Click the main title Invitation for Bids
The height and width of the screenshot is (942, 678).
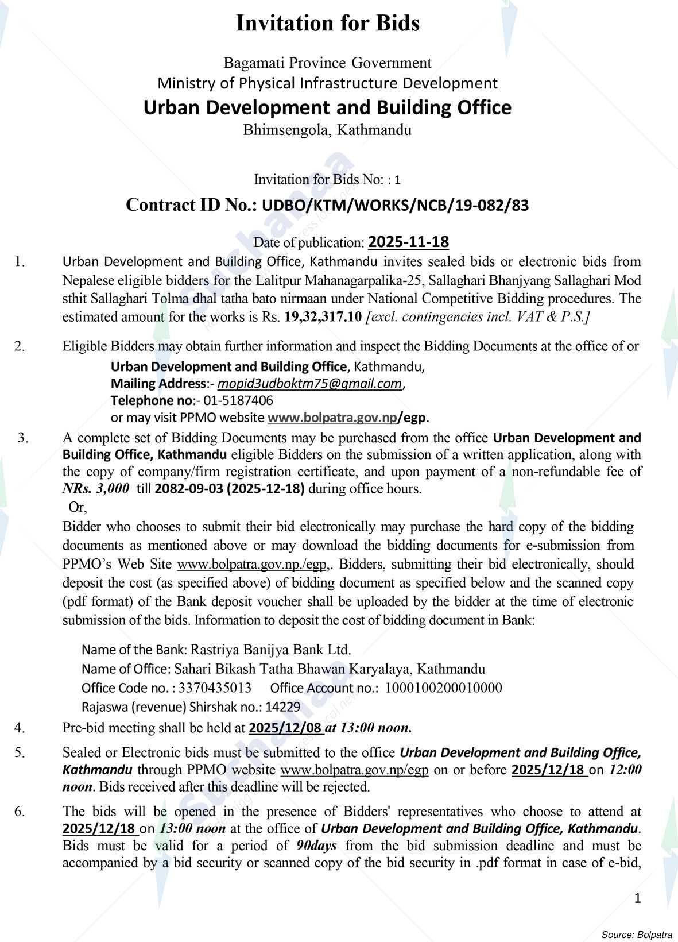[328, 24]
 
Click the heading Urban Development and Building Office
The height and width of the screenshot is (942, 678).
[327, 107]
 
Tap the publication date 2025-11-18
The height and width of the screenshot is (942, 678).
[408, 242]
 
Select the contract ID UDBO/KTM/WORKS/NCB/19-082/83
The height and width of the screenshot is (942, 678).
[395, 206]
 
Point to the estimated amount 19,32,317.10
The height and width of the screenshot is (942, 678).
[323, 317]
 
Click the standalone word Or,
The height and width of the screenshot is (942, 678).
[78, 507]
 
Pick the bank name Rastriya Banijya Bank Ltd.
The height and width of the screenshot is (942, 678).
[270, 650]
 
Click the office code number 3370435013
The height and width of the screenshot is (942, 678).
[215, 688]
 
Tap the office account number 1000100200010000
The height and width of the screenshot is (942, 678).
[443, 688]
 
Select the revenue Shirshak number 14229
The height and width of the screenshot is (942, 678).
[282, 706]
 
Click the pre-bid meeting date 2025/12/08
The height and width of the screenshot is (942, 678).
[285, 728]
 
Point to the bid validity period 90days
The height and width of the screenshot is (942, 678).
[316, 846]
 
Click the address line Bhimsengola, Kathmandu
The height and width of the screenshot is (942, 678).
[327, 130]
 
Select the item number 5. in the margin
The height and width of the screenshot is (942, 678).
[20, 752]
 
